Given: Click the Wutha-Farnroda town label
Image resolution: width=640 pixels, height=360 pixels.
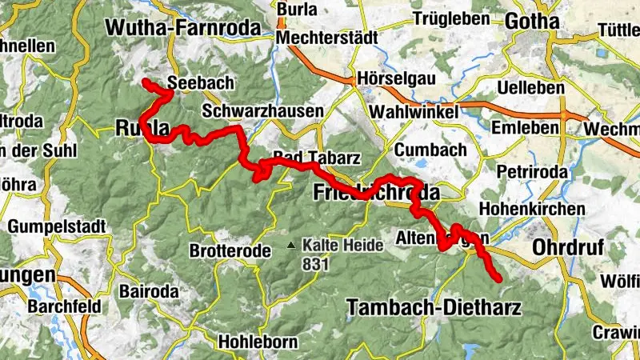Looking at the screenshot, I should pyautogui.click(x=183, y=27).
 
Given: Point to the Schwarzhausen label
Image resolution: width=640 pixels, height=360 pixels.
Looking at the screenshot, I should pyautogui.click(x=262, y=110).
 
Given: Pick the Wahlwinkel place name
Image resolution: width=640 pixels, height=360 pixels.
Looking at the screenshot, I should pyautogui.click(x=415, y=112).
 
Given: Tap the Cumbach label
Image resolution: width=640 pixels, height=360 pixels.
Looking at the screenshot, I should pyautogui.click(x=418, y=150).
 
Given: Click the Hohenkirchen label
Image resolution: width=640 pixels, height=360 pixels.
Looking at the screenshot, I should pyautogui.click(x=532, y=210).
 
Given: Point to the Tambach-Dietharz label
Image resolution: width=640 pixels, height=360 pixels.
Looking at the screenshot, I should pyautogui.click(x=434, y=307).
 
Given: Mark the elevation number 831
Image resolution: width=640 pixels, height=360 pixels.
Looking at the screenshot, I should pyautogui.click(x=314, y=262).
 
